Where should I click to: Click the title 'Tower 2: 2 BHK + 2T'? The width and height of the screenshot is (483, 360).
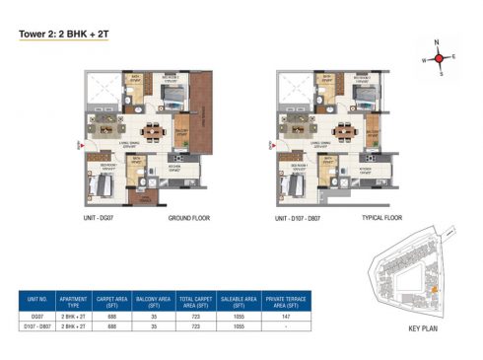pos(61,33)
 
